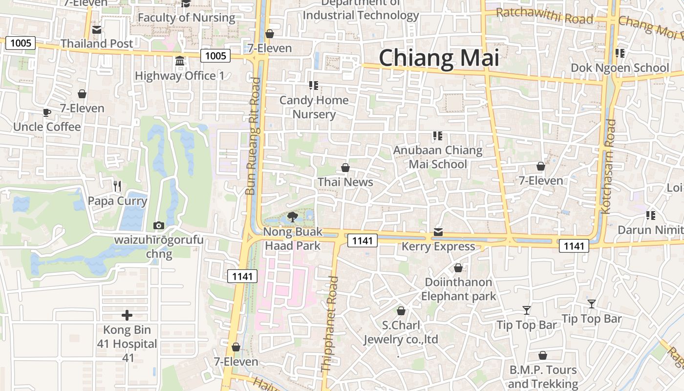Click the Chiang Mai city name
pos(439,58)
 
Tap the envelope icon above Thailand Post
pos(96,30)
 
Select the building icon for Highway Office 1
pos(180,62)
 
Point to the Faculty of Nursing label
pos(186,18)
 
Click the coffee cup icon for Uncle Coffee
pos(47,113)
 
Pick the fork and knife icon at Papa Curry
pos(117,186)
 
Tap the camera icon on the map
pos(158,225)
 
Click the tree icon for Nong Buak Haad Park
pos(292,217)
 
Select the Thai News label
pos(345,182)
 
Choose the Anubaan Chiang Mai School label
pos(438,157)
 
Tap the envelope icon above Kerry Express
pos(438,232)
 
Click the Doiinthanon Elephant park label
pos(458,289)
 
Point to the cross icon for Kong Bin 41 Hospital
pos(127,315)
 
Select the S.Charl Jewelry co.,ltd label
pos(401,332)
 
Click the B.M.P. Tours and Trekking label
pos(543,377)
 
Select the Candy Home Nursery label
pos(314,107)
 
